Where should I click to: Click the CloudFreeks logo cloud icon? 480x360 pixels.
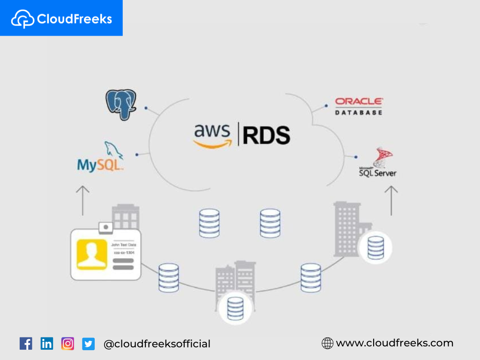tap(22, 19)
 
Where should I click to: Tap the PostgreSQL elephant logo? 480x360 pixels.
tap(121, 104)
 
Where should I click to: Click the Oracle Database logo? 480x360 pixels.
tap(359, 106)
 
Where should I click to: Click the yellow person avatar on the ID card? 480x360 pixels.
tap(92, 254)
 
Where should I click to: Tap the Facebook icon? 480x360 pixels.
tap(26, 344)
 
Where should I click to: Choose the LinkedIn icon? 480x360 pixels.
tap(47, 344)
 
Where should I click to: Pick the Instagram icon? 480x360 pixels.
tap(68, 344)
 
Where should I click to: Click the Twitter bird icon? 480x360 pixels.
tap(88, 344)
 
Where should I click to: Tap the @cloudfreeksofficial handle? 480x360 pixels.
tap(157, 344)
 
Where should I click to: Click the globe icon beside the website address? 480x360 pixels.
tap(327, 343)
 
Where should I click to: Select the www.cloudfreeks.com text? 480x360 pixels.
tap(395, 343)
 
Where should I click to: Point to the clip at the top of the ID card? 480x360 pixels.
tap(106, 227)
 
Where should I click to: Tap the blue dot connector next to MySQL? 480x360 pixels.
tap(137, 154)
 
